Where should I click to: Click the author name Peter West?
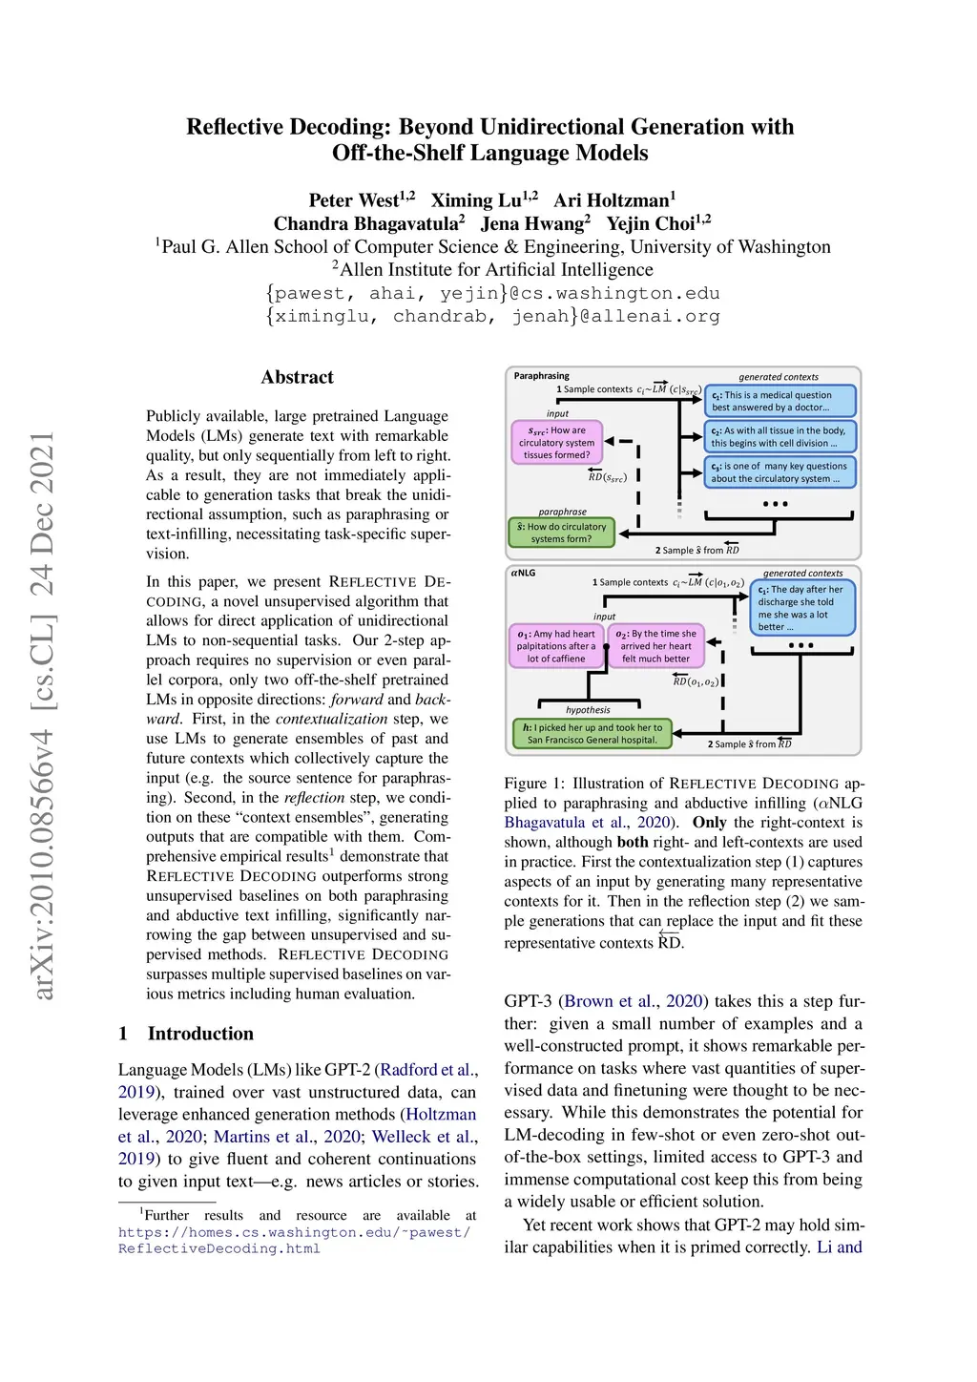point(354,200)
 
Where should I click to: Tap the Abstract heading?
point(297,377)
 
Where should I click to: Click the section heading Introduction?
point(199,1034)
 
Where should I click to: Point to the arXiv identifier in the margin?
point(42,716)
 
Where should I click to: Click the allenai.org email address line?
point(492,316)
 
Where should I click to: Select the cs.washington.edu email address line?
point(492,293)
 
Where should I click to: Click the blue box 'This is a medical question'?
point(780,401)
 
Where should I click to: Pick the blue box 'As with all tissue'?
point(780,437)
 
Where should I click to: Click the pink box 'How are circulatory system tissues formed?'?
point(557,443)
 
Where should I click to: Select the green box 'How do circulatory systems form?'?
point(562,533)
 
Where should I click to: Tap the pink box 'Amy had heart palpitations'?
point(557,646)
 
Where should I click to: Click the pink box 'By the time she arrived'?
point(656,646)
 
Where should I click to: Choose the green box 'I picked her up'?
point(592,733)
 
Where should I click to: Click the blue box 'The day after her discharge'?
point(803,608)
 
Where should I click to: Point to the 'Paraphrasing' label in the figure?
point(541,376)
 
